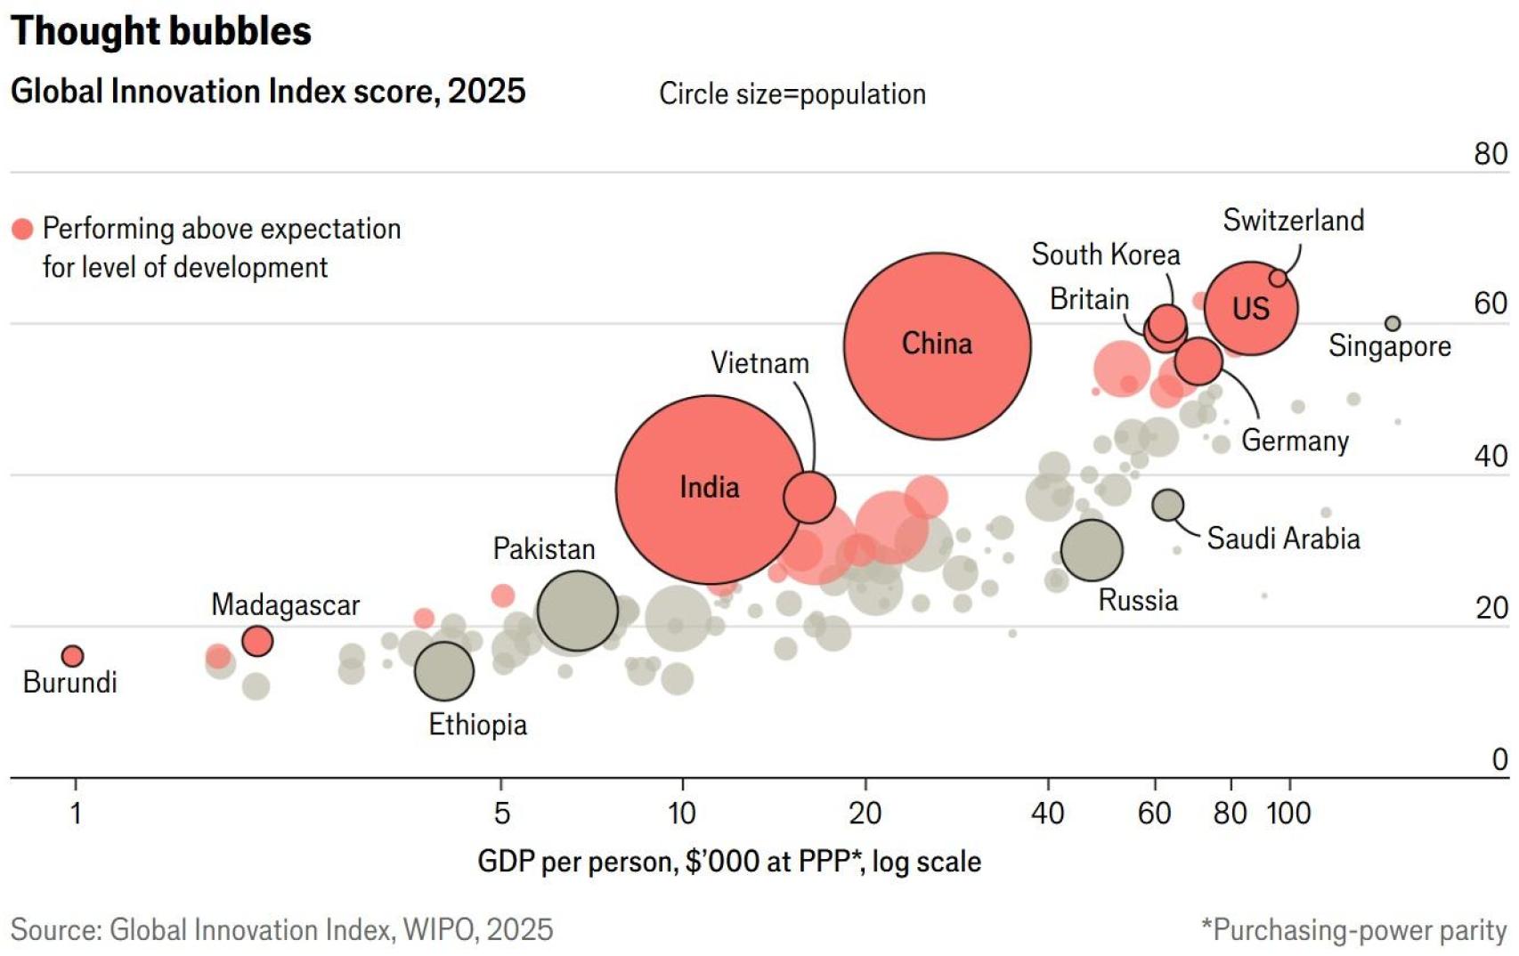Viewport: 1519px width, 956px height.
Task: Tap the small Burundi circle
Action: [72, 656]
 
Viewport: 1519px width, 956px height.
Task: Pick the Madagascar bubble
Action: [257, 641]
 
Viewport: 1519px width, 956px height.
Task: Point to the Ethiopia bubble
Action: [443, 670]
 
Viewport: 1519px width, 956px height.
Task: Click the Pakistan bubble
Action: [577, 611]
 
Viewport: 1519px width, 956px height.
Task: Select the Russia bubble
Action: [1092, 549]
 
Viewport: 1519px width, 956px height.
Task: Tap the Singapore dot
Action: [1393, 324]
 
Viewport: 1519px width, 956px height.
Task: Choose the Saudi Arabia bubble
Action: [1167, 506]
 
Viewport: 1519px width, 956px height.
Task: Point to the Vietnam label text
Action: [759, 363]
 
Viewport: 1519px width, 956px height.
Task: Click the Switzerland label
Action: [1293, 220]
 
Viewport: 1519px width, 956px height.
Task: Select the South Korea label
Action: [1105, 255]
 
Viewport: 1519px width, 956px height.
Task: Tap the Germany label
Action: [1295, 441]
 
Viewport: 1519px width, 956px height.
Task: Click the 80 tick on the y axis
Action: [1491, 154]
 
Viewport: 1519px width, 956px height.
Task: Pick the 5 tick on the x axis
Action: [501, 813]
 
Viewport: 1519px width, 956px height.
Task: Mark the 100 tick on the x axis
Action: [1288, 813]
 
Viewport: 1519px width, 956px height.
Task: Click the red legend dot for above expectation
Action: [22, 230]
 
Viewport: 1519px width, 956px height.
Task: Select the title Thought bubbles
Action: [161, 31]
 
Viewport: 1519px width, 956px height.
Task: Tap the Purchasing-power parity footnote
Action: [1353, 929]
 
